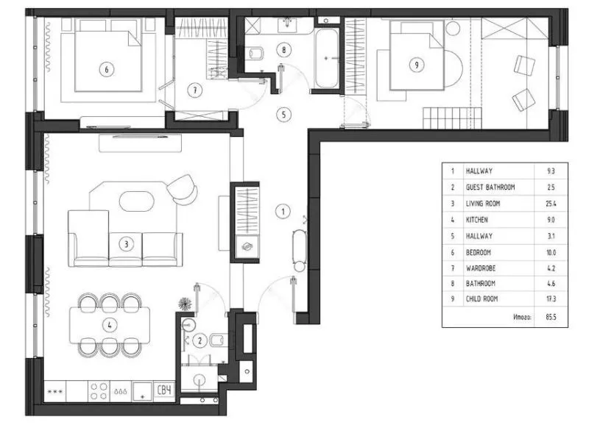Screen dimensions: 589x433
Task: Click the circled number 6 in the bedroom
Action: click(107, 69)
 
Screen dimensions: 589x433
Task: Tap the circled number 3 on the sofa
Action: click(126, 244)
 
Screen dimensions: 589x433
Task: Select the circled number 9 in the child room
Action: click(416, 65)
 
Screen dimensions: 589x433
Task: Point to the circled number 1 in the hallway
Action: click(283, 212)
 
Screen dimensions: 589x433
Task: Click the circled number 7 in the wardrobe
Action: click(195, 90)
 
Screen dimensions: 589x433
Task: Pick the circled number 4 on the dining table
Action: click(110, 325)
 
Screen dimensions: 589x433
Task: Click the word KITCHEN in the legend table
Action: click(476, 220)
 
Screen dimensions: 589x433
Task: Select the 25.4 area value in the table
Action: click(551, 204)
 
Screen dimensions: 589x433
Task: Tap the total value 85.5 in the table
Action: click(551, 317)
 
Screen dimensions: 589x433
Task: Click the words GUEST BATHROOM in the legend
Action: click(490, 187)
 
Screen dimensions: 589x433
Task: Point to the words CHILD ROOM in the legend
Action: click(482, 299)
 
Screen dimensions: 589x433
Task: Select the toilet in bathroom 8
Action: click(255, 53)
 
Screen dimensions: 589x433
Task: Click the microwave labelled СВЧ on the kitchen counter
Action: click(164, 390)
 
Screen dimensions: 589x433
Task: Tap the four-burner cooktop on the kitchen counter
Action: click(99, 391)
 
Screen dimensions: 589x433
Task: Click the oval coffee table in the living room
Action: click(137, 201)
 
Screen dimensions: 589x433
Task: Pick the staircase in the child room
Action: click(452, 118)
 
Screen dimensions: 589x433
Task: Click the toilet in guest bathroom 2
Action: click(216, 340)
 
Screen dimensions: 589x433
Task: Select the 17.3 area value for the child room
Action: click(551, 299)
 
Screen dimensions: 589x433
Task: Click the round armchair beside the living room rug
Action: click(182, 189)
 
